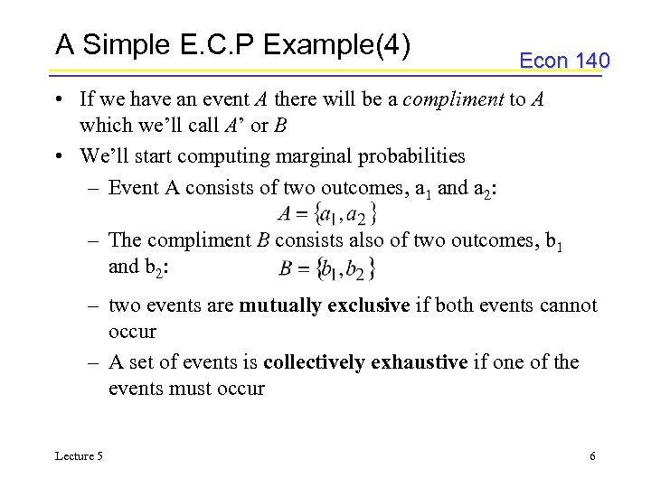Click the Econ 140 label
(x=564, y=61)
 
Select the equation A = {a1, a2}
(x=327, y=214)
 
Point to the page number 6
(x=592, y=456)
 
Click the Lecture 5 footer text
(x=79, y=456)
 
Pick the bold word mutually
(x=278, y=305)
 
